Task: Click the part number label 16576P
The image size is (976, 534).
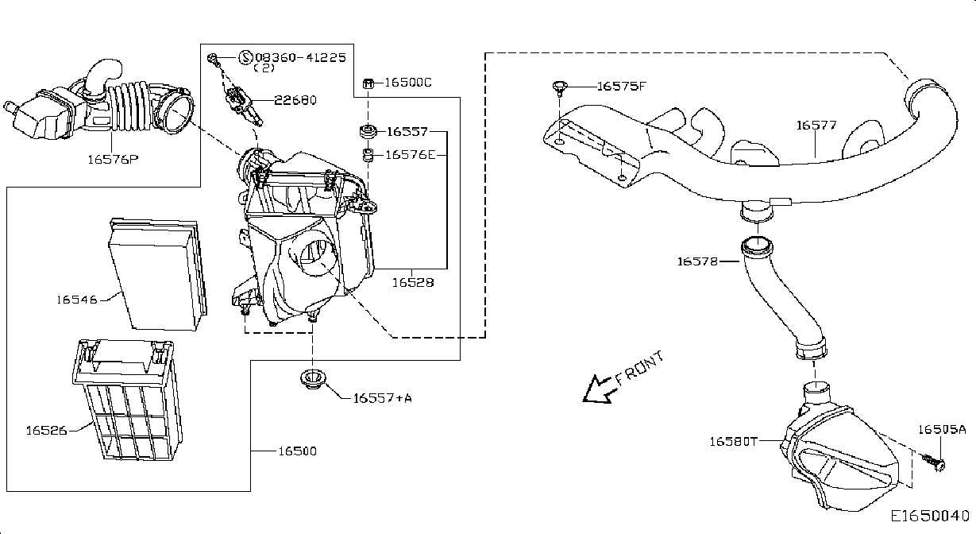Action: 113,160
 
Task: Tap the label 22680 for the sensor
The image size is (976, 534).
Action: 295,100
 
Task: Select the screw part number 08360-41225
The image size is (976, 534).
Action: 301,57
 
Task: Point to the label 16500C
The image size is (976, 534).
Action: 408,83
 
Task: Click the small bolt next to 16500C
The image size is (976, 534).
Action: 368,83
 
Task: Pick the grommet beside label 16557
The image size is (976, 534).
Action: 368,131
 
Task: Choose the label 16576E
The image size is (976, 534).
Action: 411,155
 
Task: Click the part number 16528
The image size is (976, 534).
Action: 413,282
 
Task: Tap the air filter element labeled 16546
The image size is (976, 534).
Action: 158,275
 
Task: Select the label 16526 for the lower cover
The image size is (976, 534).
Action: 47,431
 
